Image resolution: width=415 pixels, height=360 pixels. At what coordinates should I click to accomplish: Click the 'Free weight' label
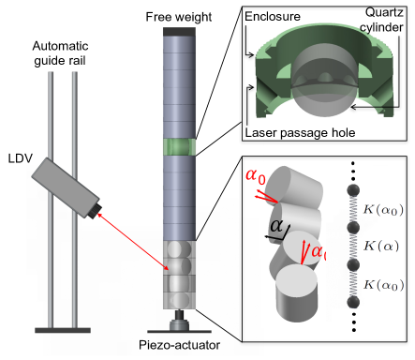pyautogui.click(x=179, y=17)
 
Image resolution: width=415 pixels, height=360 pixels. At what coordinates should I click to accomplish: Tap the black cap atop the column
pyautogui.click(x=179, y=32)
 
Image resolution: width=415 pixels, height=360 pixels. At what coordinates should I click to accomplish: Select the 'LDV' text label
pyautogui.click(x=21, y=158)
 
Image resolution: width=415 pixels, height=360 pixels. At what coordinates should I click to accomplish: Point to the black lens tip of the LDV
pyautogui.click(x=96, y=211)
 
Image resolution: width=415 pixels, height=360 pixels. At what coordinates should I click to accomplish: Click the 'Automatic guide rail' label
pyautogui.click(x=60, y=53)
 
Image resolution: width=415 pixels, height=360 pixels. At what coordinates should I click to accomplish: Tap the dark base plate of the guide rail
pyautogui.click(x=63, y=330)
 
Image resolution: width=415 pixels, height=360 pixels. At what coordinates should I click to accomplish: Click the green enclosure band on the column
pyautogui.click(x=180, y=147)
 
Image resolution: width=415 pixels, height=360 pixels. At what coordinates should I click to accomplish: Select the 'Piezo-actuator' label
pyautogui.click(x=179, y=345)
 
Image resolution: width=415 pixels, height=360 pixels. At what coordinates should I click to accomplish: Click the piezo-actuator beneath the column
pyautogui.click(x=179, y=322)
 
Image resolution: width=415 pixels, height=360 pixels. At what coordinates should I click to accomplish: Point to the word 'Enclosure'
pyautogui.click(x=273, y=17)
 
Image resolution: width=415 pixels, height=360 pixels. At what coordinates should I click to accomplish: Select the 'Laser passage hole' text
pyautogui.click(x=300, y=133)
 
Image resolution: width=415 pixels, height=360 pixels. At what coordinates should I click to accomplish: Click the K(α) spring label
pyautogui.click(x=381, y=247)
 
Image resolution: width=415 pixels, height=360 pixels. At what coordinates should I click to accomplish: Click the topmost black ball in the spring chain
pyautogui.click(x=353, y=190)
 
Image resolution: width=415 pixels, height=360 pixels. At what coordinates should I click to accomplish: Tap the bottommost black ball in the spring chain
pyautogui.click(x=353, y=303)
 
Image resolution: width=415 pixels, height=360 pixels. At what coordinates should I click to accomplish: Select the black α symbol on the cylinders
pyautogui.click(x=276, y=226)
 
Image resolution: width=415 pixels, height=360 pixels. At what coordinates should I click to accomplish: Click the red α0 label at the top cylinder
pyautogui.click(x=256, y=176)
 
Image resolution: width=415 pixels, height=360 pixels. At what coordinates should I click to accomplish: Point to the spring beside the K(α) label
pyautogui.click(x=353, y=247)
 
